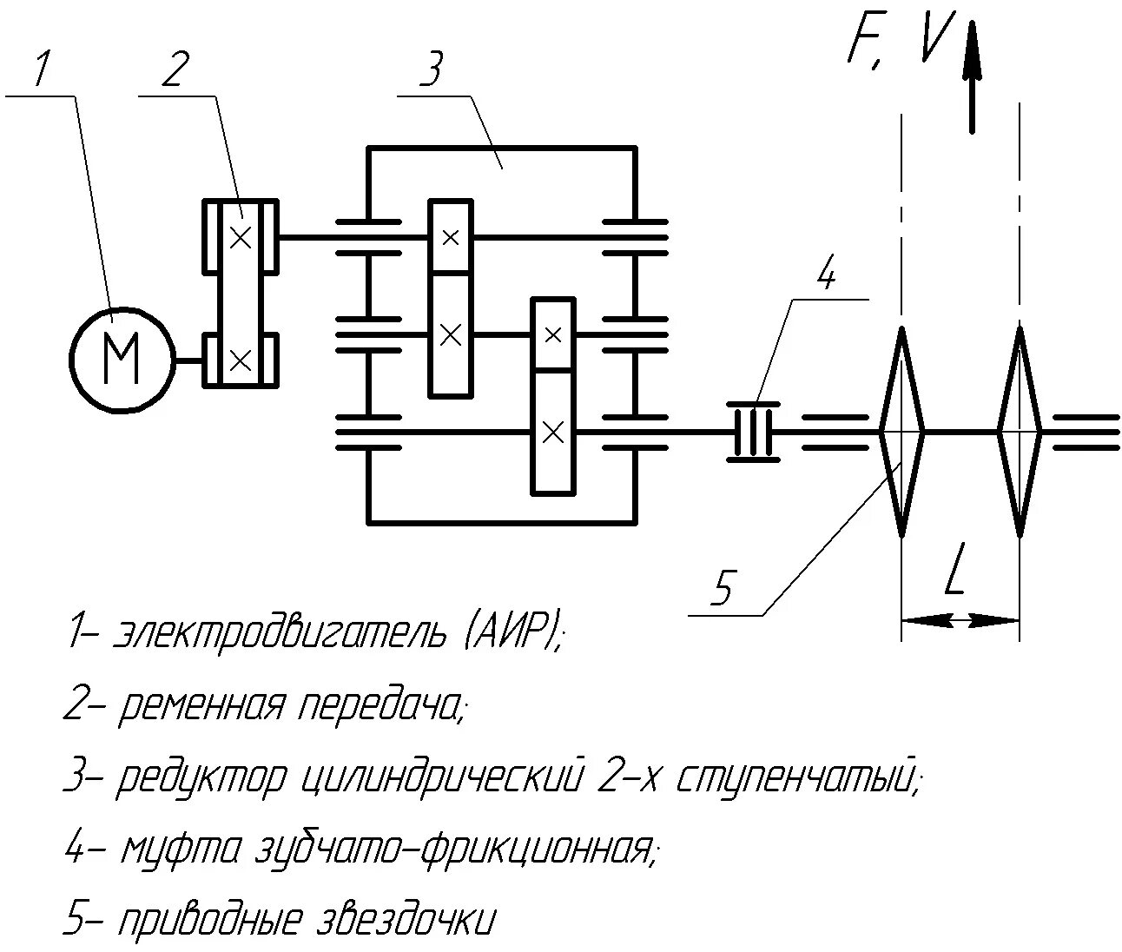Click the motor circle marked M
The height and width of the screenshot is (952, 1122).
click(121, 360)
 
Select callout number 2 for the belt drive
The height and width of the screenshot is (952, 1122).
click(174, 69)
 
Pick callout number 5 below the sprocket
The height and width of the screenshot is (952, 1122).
click(723, 589)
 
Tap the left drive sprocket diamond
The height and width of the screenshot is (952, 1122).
click(902, 431)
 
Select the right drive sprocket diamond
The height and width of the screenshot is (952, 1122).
click(1020, 431)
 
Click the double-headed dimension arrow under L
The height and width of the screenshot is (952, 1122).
click(960, 620)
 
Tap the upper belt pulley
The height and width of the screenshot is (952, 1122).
click(241, 235)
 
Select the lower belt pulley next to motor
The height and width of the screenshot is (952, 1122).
click(241, 358)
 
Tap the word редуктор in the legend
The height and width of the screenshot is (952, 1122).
click(201, 777)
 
